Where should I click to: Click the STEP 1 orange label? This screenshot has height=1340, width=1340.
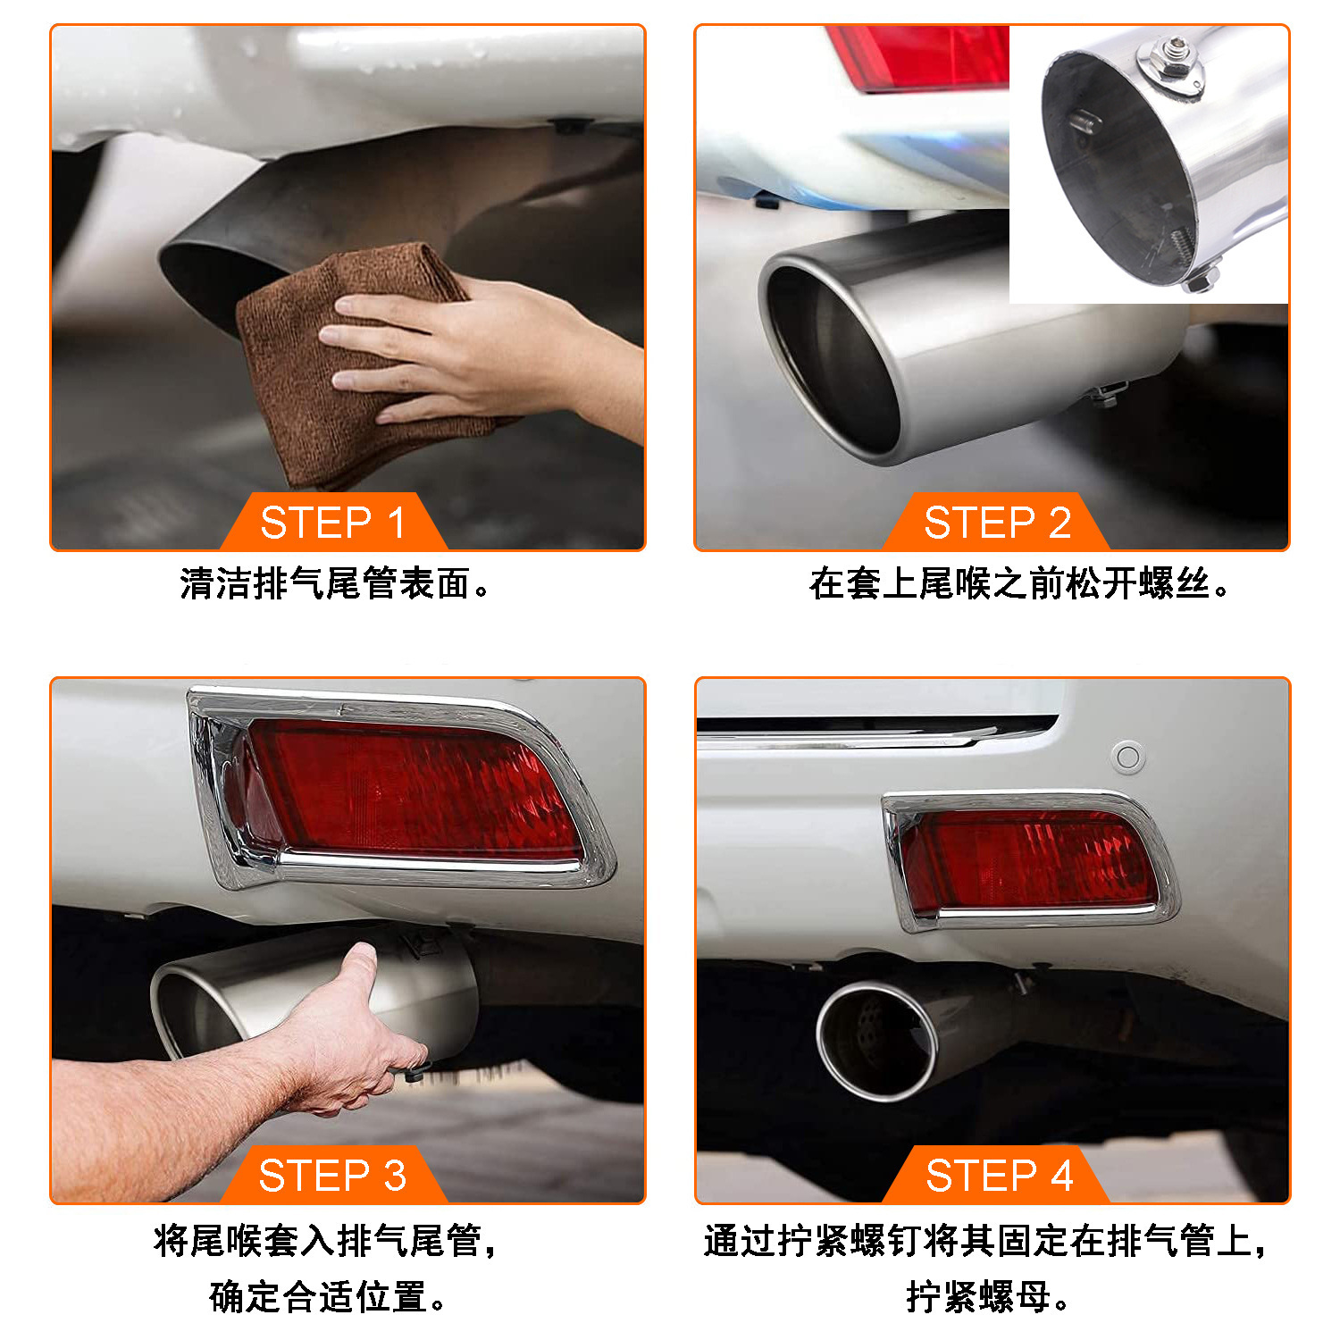click(x=332, y=522)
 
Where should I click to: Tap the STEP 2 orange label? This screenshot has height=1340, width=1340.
click(x=996, y=522)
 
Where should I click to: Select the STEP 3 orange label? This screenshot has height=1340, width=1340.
click(x=332, y=1175)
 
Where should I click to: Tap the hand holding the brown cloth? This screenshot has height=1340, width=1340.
click(x=482, y=353)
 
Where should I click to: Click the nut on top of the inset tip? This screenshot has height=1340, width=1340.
click(x=1172, y=60)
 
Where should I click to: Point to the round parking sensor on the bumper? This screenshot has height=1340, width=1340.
click(x=1128, y=758)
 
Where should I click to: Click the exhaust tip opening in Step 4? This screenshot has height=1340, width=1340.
click(x=875, y=1041)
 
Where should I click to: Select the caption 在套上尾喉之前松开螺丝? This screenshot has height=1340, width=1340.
click(x=1019, y=583)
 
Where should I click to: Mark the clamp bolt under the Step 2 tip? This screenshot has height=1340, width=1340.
click(x=1106, y=394)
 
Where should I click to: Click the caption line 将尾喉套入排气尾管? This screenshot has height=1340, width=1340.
click(x=325, y=1240)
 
